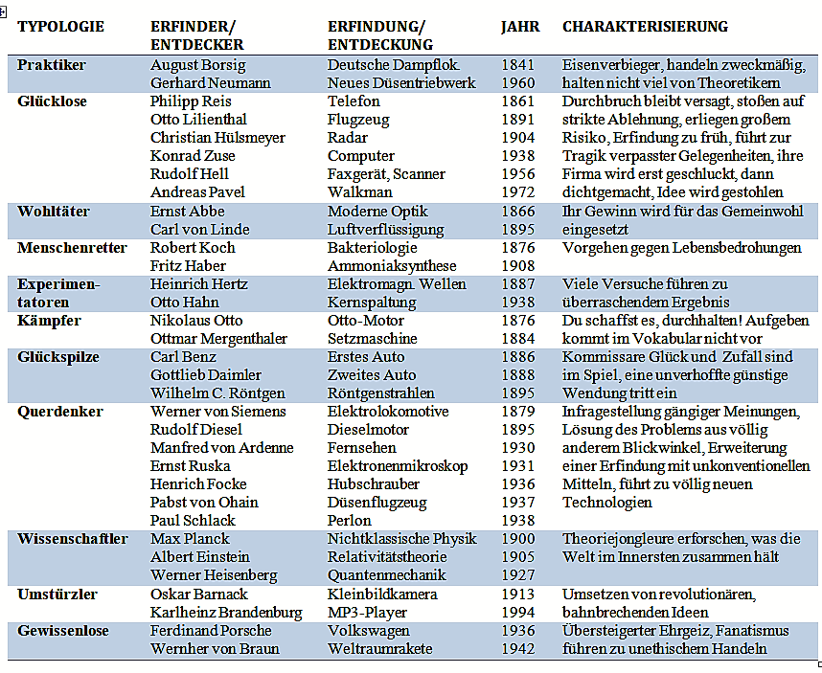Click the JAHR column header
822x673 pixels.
point(520,27)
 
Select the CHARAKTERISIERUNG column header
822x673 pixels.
point(646,27)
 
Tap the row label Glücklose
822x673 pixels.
point(52,101)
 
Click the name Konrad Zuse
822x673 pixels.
point(193,155)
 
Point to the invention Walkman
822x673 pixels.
point(359,192)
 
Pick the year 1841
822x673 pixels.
point(518,65)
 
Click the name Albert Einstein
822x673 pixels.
point(199,557)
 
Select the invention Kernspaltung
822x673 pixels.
point(372,303)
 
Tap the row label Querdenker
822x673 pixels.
point(59,412)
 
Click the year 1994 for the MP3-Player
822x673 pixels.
point(518,613)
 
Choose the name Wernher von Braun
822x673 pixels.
point(215,649)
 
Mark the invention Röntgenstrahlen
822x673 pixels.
point(381,393)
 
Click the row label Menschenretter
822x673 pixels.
point(72,248)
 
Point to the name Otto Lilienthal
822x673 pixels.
point(198,120)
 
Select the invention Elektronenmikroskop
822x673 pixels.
point(398,466)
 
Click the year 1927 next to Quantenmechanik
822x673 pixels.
point(518,575)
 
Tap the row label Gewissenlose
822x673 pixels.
point(63,631)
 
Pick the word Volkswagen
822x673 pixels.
point(369,631)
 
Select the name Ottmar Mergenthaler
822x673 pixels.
point(218,339)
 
